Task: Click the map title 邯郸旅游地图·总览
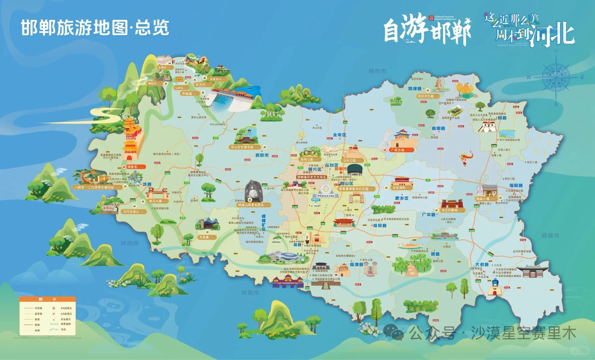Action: click(95, 28)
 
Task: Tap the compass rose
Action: click(556, 77)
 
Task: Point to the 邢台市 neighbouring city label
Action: click(377, 71)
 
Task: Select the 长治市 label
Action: click(130, 243)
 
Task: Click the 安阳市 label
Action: click(250, 293)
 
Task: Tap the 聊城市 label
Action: click(550, 236)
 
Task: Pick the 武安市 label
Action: click(262, 155)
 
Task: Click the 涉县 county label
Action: click(147, 184)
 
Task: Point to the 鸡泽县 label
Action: click(415, 89)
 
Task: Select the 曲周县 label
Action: click(438, 128)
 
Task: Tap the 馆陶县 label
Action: click(516, 186)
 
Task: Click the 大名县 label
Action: click(482, 264)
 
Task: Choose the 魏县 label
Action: click(435, 254)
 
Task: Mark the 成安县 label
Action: click(380, 226)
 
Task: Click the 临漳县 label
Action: click(356, 264)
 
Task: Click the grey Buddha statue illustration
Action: click(253, 192)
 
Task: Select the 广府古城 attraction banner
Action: click(398, 150)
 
